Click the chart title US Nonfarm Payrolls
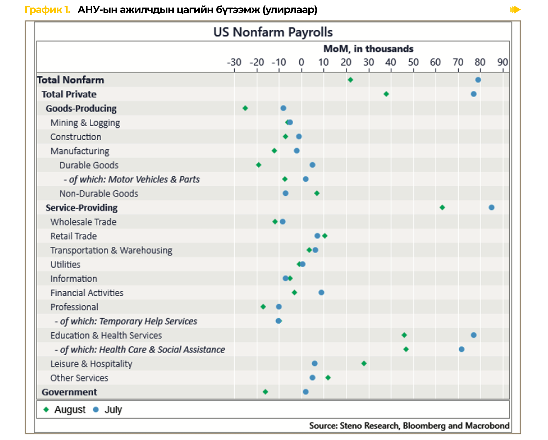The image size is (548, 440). point(273,32)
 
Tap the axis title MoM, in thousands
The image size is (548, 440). point(368,49)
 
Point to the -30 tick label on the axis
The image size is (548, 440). point(234,62)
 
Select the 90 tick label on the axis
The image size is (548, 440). point(502,62)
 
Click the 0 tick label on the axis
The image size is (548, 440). point(301,62)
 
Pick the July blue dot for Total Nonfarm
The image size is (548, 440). point(478,80)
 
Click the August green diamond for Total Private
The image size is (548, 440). point(386,94)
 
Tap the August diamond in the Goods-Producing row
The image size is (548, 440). point(245,108)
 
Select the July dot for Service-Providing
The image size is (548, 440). point(491,207)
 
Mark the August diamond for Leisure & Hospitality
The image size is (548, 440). point(364,364)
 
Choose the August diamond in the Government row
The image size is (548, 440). point(265,392)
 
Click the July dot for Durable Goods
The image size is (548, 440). point(312,165)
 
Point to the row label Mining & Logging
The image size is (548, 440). point(85,123)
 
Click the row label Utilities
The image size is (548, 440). point(65,265)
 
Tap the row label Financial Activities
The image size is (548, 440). point(87,293)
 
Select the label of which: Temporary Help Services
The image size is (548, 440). point(126,321)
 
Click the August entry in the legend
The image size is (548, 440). point(65,409)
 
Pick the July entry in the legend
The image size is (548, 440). point(108,409)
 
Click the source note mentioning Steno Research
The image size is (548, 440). point(409,426)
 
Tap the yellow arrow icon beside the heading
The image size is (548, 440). point(515,10)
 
